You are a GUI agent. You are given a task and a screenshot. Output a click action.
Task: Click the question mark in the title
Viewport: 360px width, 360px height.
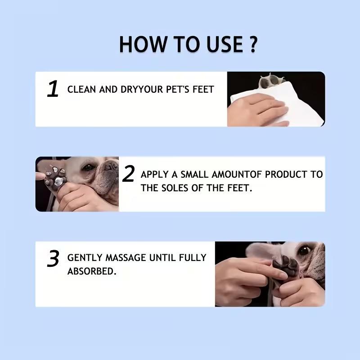click(x=253, y=44)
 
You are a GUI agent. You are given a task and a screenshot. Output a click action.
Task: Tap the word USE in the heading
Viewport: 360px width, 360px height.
click(x=225, y=44)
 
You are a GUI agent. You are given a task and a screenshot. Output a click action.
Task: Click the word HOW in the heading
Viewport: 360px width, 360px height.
click(x=143, y=44)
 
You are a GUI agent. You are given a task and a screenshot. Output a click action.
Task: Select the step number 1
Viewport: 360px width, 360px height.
click(x=53, y=89)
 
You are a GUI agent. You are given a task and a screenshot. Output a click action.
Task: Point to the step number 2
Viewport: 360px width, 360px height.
click(x=128, y=174)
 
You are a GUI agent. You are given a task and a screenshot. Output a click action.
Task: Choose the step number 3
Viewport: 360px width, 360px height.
click(x=53, y=258)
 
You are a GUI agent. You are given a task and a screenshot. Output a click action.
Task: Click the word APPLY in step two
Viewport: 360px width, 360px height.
click(x=154, y=175)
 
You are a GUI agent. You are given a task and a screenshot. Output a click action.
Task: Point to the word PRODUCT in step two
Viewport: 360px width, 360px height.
click(x=286, y=175)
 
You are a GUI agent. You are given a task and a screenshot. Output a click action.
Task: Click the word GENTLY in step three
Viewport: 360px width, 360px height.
click(x=85, y=257)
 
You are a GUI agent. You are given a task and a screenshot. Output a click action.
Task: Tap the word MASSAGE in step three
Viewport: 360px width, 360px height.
click(x=126, y=257)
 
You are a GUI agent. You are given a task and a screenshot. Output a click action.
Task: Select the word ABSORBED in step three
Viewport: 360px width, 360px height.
click(x=92, y=271)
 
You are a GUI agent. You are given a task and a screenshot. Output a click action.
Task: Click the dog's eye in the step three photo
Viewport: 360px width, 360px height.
click(x=305, y=250)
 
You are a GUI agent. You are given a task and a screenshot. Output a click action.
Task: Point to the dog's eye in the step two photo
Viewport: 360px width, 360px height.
click(x=88, y=167)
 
